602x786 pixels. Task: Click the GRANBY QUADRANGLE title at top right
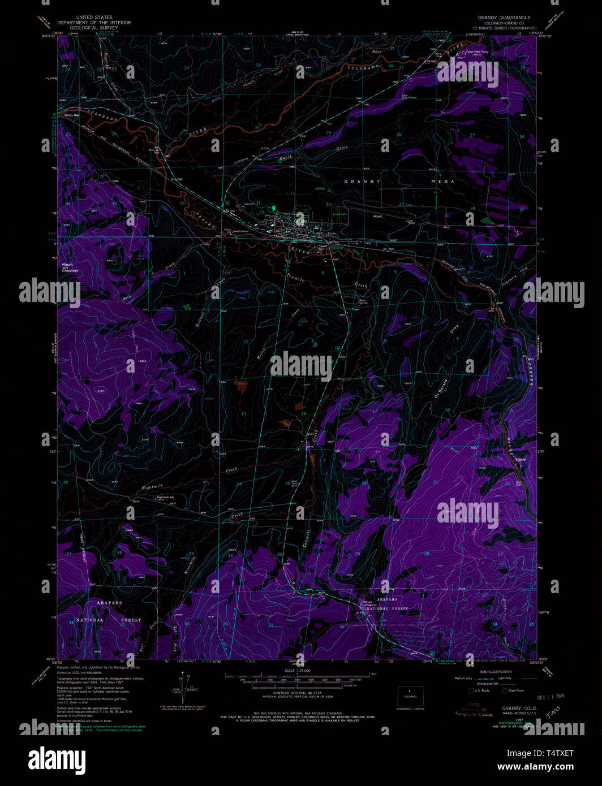click(x=504, y=18)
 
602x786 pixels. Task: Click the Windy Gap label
click(x=72, y=115)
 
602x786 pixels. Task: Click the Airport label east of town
click(x=377, y=216)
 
